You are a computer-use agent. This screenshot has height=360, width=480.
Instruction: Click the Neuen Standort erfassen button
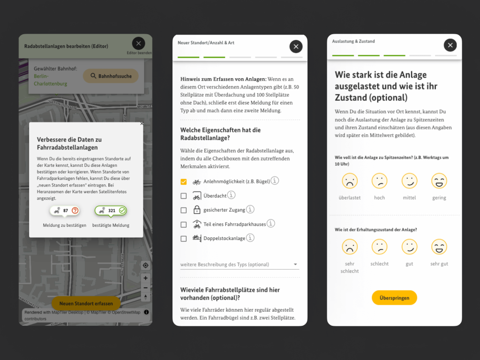tap(86, 303)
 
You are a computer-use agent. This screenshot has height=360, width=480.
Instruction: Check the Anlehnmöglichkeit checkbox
tap(184, 181)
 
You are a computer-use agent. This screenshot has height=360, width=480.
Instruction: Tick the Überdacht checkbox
tap(184, 196)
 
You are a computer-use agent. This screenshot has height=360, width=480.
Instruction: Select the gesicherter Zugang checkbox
tap(184, 210)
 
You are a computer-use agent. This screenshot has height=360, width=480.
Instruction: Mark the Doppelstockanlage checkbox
tap(184, 239)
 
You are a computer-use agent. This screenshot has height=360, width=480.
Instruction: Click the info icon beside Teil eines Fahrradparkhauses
tap(271, 224)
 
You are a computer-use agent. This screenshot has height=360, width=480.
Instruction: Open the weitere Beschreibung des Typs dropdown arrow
tap(295, 264)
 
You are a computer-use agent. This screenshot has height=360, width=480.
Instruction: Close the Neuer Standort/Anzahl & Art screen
tap(296, 46)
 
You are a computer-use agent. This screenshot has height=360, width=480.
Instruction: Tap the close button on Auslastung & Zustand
tap(450, 45)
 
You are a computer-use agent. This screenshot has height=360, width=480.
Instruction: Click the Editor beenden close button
tap(138, 44)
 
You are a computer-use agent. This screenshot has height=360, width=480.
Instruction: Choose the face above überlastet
tap(350, 181)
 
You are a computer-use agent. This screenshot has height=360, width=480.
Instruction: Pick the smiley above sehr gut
tap(439, 247)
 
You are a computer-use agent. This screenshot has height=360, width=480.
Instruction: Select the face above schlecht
tap(379, 247)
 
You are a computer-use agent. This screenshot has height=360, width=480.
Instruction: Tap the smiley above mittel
tap(409, 181)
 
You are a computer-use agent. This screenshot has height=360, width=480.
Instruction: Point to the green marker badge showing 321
tap(111, 211)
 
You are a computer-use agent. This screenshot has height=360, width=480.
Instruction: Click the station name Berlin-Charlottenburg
tap(51, 80)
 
